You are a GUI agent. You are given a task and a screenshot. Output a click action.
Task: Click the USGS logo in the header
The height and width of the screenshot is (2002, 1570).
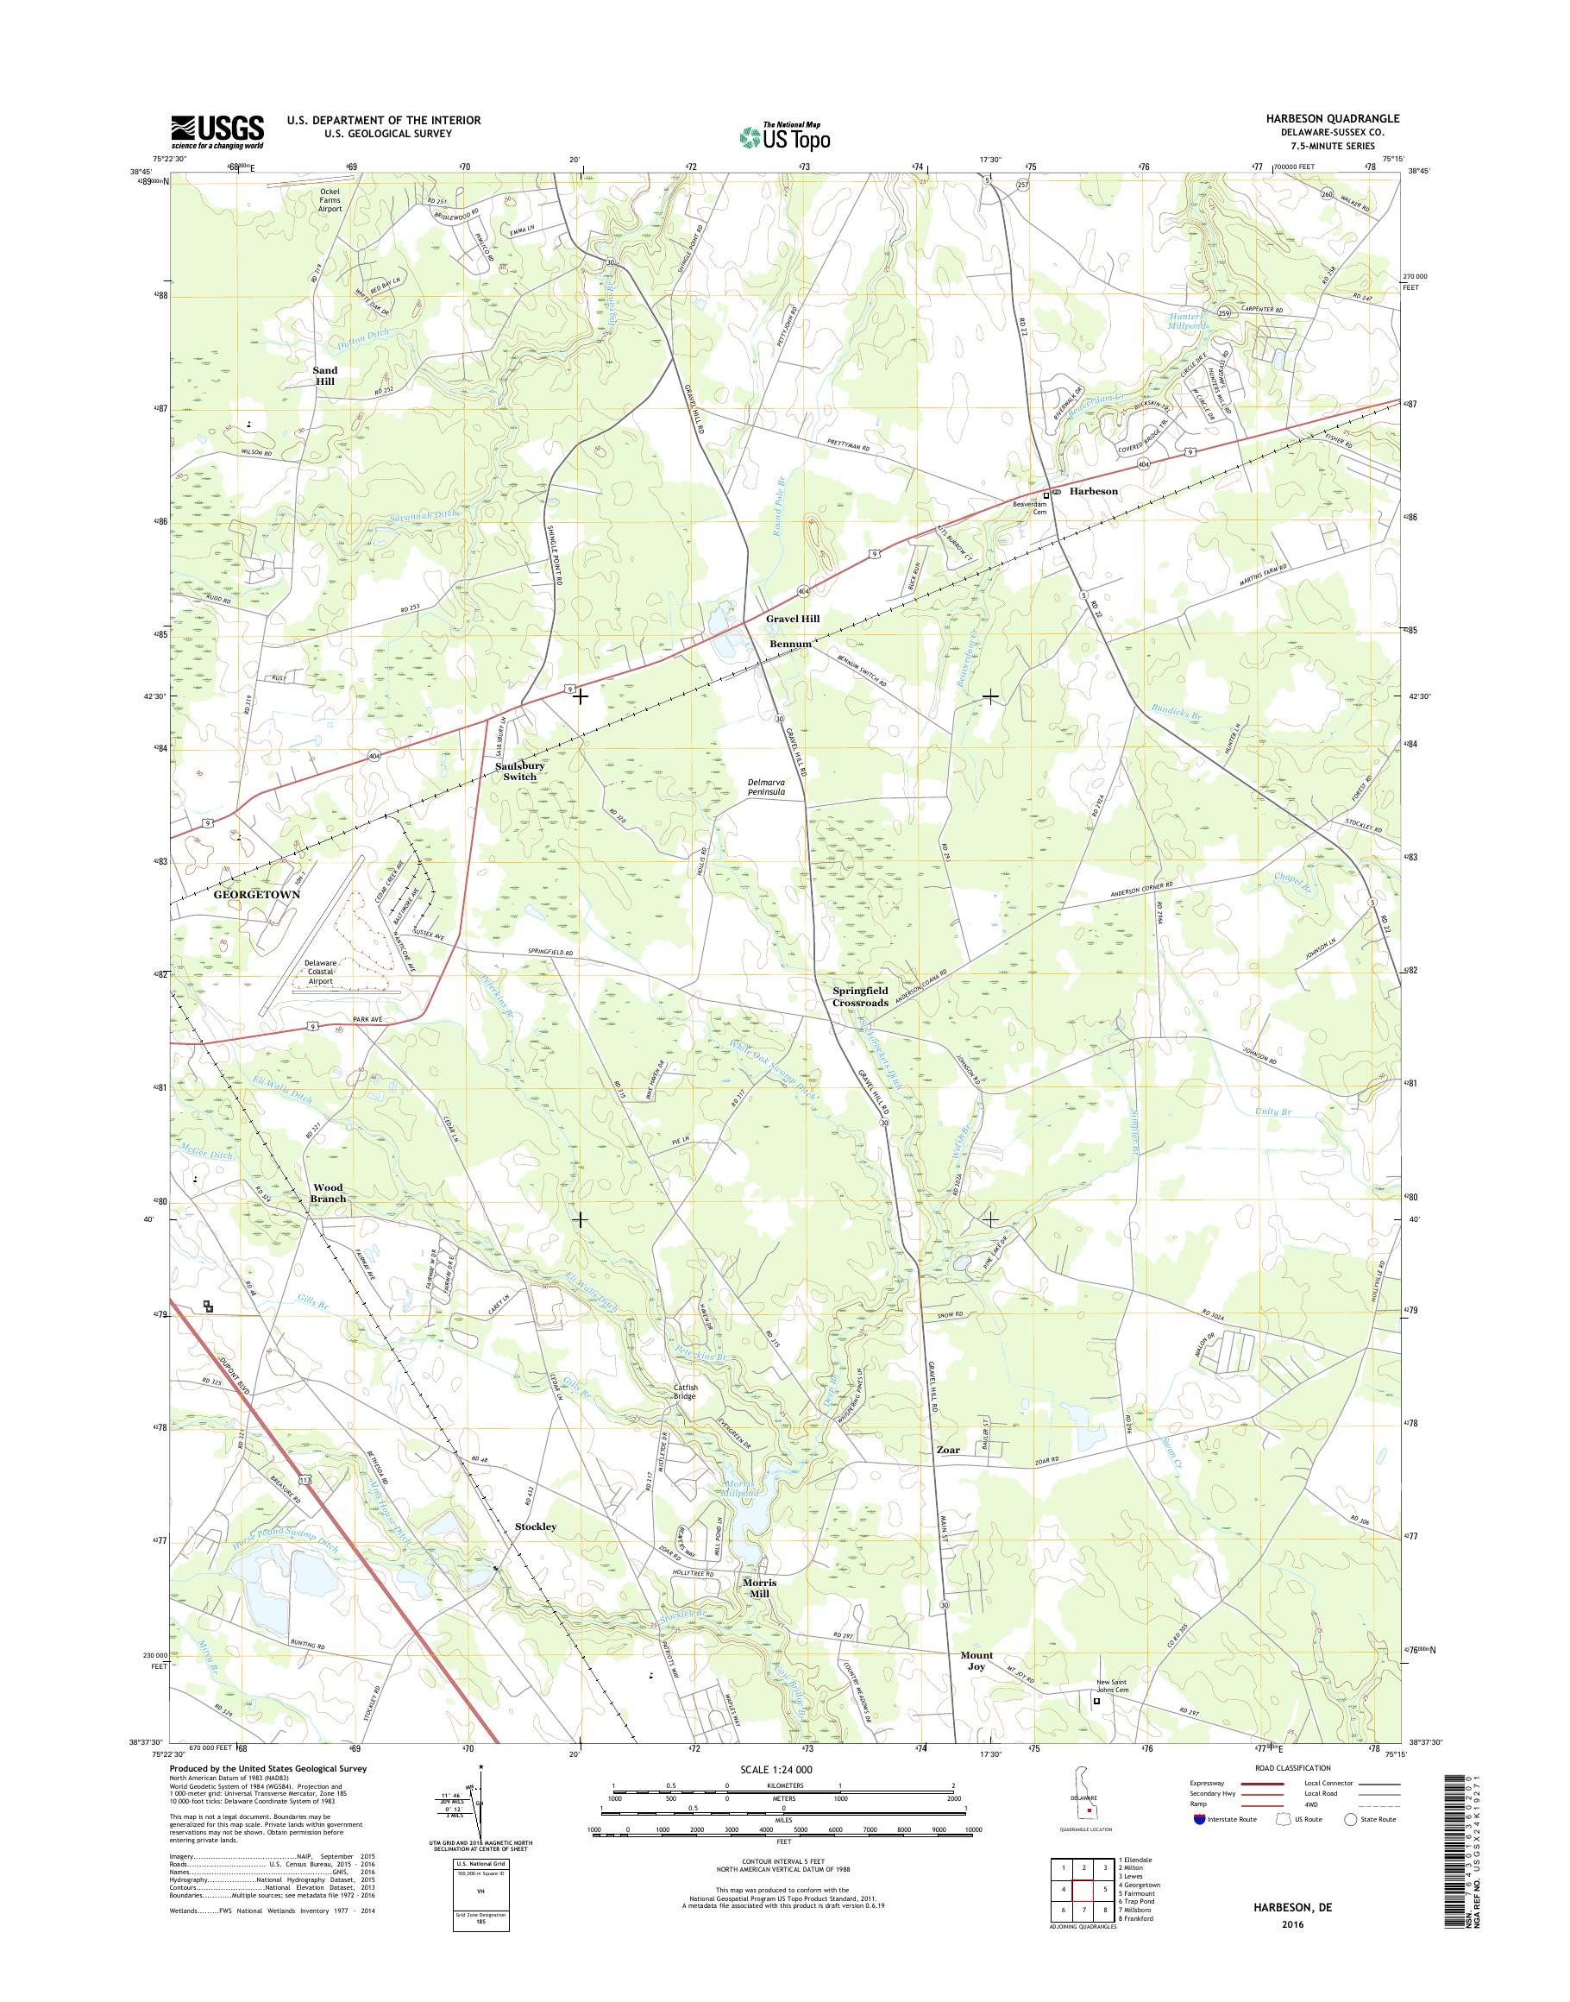click(x=217, y=131)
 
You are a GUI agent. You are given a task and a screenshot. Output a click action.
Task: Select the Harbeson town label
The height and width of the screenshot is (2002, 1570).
click(x=1093, y=491)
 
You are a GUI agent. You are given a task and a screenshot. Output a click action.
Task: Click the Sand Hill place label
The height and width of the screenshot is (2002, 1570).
click(x=324, y=375)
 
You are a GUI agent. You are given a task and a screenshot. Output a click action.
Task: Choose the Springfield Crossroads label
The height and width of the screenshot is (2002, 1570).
click(x=860, y=996)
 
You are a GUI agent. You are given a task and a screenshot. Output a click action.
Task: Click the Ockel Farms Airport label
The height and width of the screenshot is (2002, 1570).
click(x=330, y=199)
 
